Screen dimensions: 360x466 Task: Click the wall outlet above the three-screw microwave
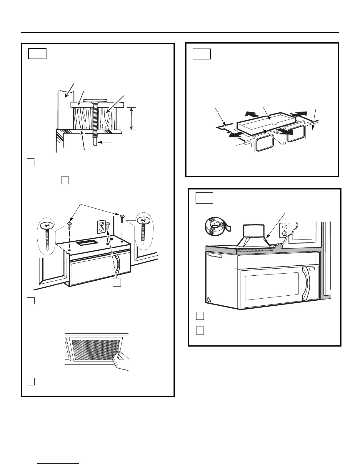[x=101, y=227]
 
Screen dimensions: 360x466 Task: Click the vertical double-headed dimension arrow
[x=131, y=119]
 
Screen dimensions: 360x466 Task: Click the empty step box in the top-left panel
[x=37, y=54]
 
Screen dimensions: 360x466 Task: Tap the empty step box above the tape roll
[x=204, y=198]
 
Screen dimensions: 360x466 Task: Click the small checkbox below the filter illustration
[x=31, y=381]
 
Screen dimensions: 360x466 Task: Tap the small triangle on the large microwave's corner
[x=209, y=300]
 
